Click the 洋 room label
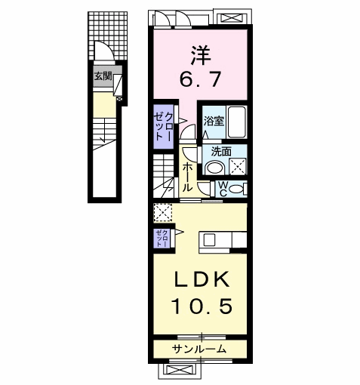click(200, 54)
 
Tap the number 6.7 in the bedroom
click(200, 78)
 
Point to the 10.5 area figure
click(200, 305)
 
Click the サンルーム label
click(199, 349)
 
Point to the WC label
click(223, 186)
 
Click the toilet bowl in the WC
click(237, 188)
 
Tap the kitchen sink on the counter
click(209, 240)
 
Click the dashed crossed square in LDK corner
click(162, 212)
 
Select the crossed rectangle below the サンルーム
click(181, 371)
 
